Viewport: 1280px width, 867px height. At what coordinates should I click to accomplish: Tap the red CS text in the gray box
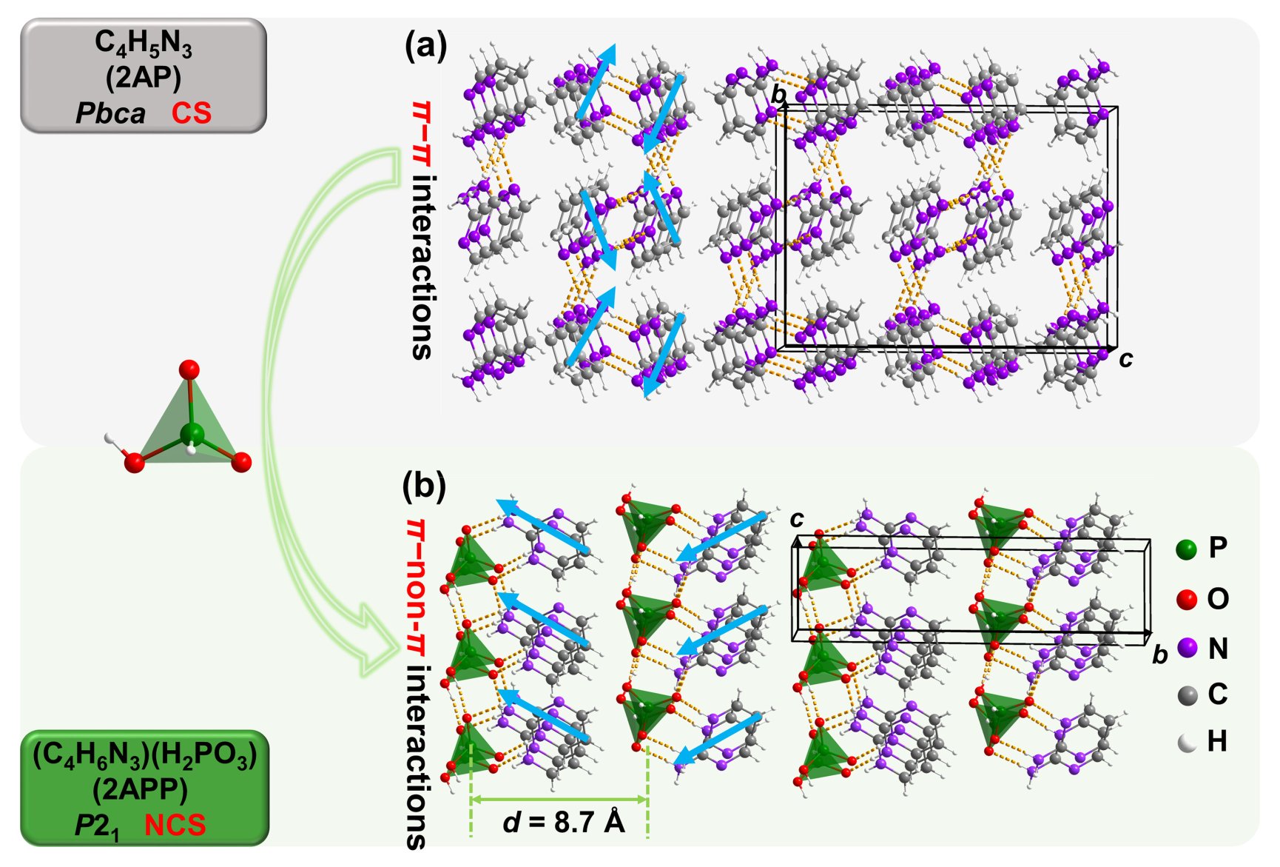(x=192, y=113)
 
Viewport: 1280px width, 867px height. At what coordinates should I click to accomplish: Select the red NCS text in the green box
(x=175, y=826)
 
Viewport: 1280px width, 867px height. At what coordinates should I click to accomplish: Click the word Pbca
(x=110, y=113)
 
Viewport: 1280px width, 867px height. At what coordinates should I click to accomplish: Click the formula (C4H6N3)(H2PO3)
(x=144, y=755)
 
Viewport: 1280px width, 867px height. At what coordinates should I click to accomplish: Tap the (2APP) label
(x=140, y=790)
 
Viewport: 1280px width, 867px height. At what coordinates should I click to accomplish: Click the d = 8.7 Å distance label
(x=564, y=822)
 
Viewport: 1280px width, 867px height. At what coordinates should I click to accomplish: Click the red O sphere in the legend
(x=1186, y=599)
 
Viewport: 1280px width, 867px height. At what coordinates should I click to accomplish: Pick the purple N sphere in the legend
(x=1187, y=648)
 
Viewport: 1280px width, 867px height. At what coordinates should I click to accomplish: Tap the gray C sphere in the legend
(x=1187, y=695)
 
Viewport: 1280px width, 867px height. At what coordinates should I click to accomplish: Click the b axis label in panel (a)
(x=778, y=95)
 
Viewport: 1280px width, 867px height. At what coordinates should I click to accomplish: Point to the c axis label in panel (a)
(x=1125, y=359)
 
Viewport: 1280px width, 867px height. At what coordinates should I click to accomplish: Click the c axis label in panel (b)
(x=796, y=519)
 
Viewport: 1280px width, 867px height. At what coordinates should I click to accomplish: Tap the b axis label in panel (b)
(x=1159, y=655)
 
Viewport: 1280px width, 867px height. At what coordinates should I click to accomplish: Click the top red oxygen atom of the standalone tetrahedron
(x=189, y=369)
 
